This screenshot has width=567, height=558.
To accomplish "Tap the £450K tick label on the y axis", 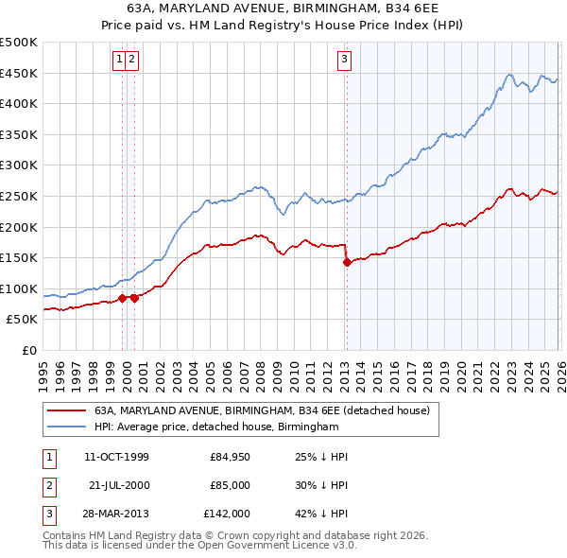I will pos(19,73).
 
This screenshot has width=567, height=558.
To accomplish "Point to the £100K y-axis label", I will pos(19,288).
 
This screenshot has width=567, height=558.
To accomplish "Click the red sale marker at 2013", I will pos(346,263).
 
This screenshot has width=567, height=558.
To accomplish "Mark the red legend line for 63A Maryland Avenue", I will pos(65,411).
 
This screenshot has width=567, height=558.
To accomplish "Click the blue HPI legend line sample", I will pos(65,427).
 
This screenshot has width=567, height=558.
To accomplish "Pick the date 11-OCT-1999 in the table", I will pos(116,458).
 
